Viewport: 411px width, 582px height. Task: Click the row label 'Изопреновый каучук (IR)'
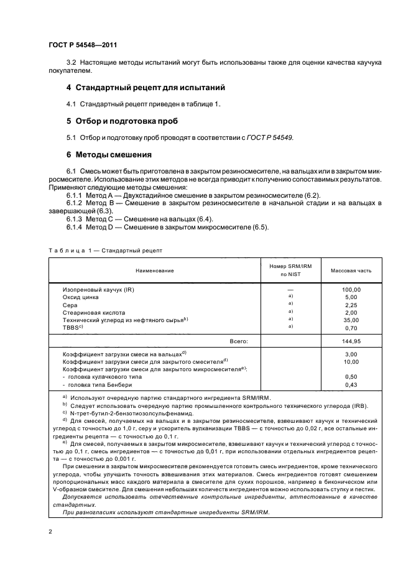point(98,290)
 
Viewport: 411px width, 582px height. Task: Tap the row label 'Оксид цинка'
point(81,298)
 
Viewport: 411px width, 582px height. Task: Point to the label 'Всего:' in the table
point(239,341)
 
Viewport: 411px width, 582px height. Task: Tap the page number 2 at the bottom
point(49,533)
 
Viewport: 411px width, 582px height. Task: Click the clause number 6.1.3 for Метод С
point(75,219)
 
